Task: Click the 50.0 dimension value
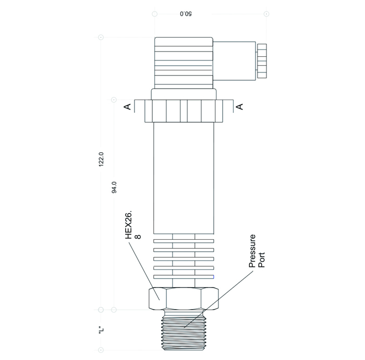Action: (x=186, y=14)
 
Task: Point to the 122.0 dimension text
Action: (x=101, y=159)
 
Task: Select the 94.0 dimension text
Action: (x=114, y=187)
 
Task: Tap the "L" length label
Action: (x=101, y=330)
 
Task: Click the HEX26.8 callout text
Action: (x=133, y=225)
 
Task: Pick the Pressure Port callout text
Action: (x=257, y=251)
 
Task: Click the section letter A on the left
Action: (x=127, y=106)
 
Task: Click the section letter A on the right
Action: (x=239, y=106)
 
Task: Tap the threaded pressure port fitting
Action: (x=184, y=330)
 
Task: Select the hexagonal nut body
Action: (x=184, y=299)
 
